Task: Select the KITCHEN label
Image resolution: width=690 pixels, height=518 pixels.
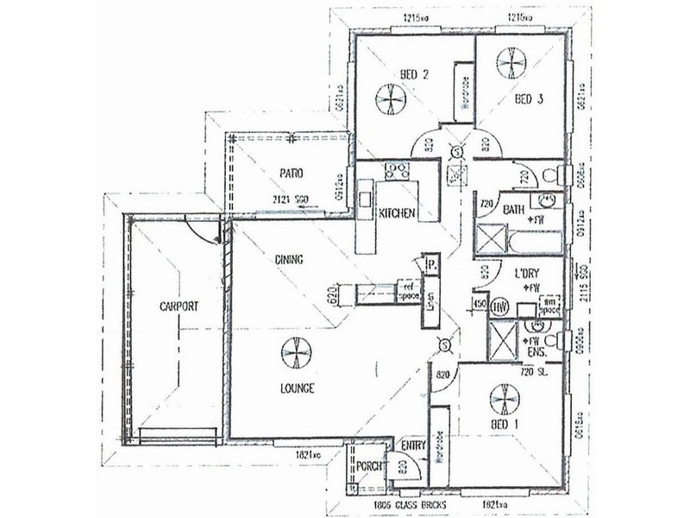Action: click(x=398, y=213)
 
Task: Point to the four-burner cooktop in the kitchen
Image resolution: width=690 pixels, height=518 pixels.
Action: click(x=397, y=169)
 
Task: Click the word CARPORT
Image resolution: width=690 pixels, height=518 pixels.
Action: click(x=179, y=306)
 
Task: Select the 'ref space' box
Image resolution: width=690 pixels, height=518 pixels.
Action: click(x=405, y=291)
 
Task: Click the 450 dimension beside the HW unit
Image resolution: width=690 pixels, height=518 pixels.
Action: click(x=479, y=303)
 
